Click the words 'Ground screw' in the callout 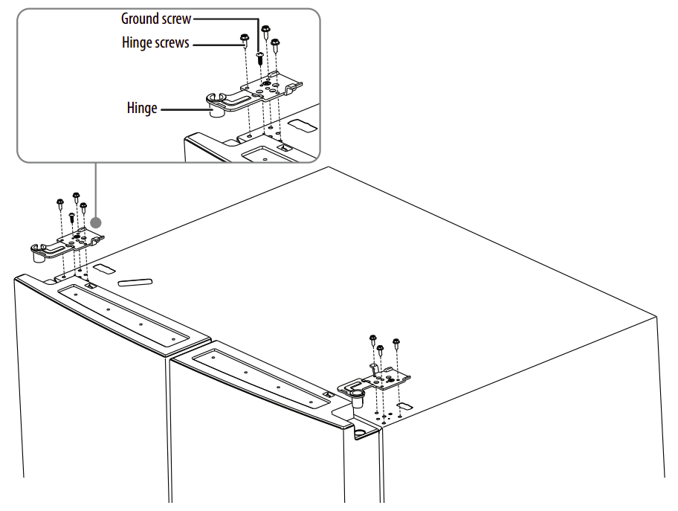tap(156, 18)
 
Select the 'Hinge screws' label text tap(155, 43)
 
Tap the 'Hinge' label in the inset tap(142, 109)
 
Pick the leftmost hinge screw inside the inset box tap(244, 39)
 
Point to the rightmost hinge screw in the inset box tap(275, 44)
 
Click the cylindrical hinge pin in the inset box tap(216, 112)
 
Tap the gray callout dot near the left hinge tap(95, 222)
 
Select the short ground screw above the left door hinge tap(71, 218)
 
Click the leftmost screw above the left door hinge tap(59, 203)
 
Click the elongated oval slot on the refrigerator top tap(135, 282)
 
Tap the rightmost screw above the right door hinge tap(395, 344)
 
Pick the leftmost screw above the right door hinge tap(373, 341)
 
